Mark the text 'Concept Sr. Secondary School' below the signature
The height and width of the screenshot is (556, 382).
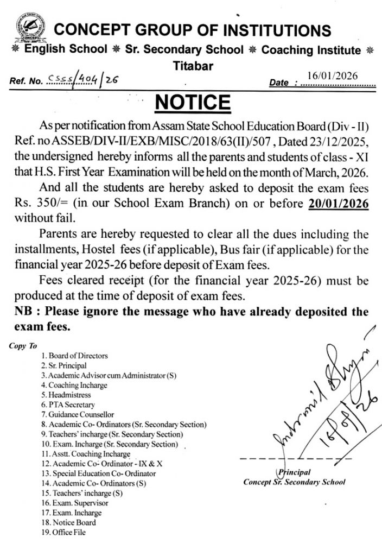(x=294, y=482)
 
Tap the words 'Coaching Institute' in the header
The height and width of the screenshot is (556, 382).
(x=311, y=50)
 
